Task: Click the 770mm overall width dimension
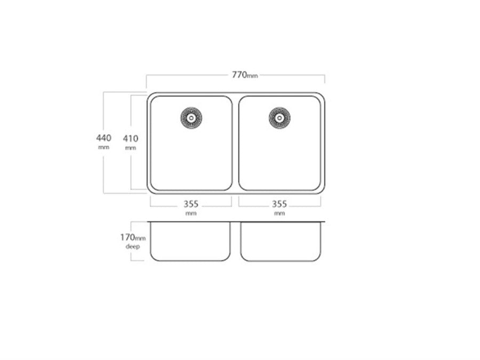(x=245, y=75)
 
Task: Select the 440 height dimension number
(x=104, y=138)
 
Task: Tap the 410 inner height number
(x=131, y=138)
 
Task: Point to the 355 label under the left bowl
(x=191, y=204)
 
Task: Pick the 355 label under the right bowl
(x=279, y=204)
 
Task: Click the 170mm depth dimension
(x=133, y=237)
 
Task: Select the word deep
(x=133, y=246)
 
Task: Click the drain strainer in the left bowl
(x=191, y=118)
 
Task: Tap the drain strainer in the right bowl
(x=279, y=118)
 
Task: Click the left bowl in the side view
(x=190, y=242)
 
